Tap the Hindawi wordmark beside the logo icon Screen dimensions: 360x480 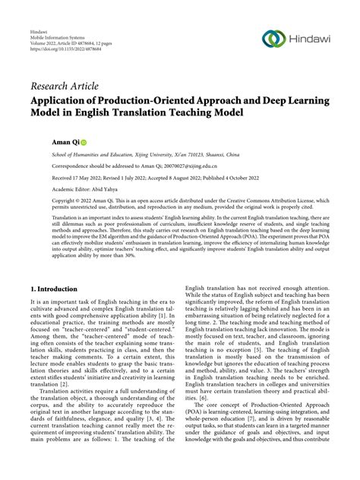[x=310, y=39]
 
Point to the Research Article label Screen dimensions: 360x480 [x=65, y=87]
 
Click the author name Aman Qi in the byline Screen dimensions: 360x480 [x=45, y=142]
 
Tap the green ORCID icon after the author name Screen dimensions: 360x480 [x=63, y=142]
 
